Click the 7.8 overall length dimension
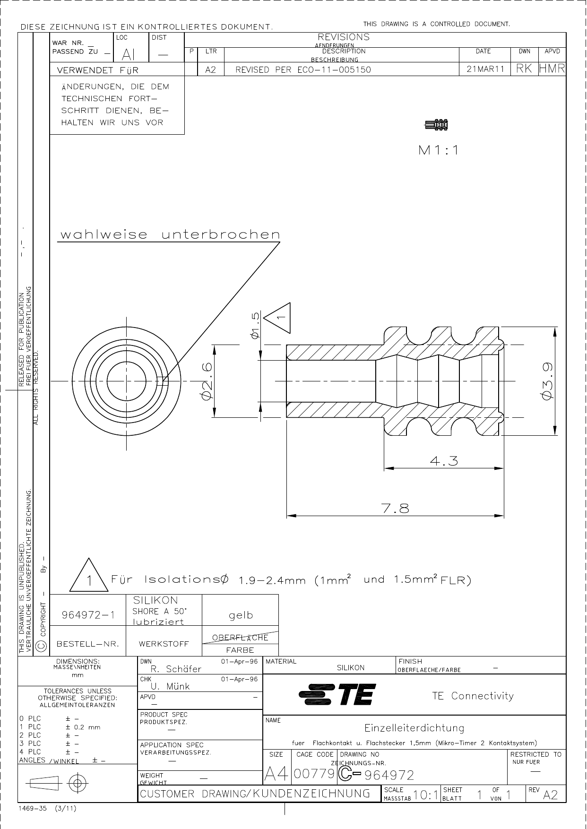coord(395,509)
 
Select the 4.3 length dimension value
coord(444,461)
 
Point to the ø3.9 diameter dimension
coord(548,381)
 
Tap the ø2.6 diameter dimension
coord(207,381)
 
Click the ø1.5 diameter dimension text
coord(255,325)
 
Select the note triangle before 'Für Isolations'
coord(88,577)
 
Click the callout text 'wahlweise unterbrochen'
coord(170,234)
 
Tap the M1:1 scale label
coord(439,150)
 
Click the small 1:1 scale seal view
coord(436,125)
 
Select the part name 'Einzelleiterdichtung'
coord(414,728)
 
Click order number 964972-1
coord(88,615)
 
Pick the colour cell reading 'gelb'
coord(241,615)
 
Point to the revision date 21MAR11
coord(485,69)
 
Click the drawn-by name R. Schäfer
coord(176,669)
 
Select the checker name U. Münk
coord(170,686)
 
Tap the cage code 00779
coord(314,774)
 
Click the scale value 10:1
coord(425,795)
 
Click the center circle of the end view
coord(126,381)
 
